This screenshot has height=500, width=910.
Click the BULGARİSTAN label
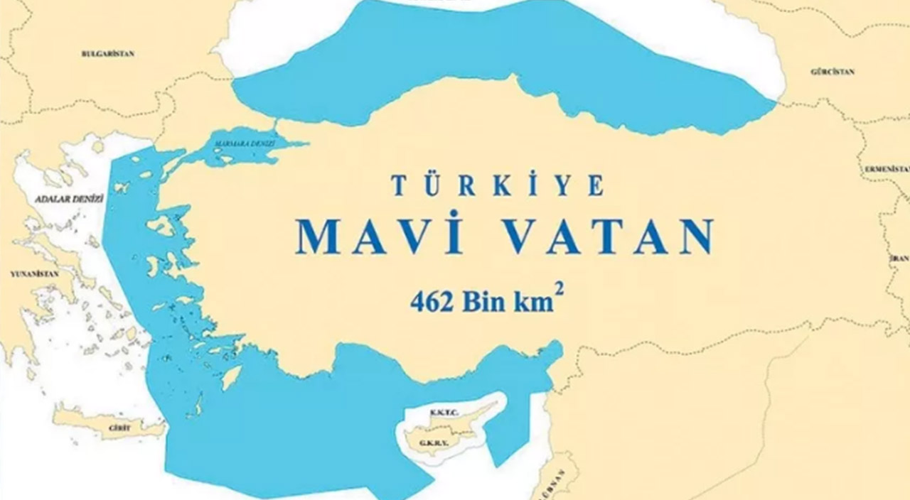click(108, 53)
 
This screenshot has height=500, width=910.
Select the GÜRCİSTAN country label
click(832, 72)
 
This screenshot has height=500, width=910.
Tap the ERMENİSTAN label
click(887, 169)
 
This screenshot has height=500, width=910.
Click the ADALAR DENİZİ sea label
click(69, 199)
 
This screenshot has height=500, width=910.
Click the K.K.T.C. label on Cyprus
click(445, 412)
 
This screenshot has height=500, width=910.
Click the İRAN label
click(901, 259)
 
